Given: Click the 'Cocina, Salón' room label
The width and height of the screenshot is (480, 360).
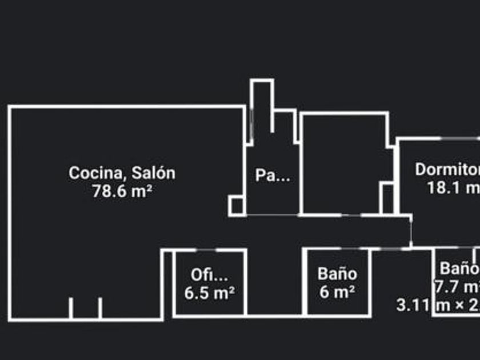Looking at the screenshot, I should [122, 173].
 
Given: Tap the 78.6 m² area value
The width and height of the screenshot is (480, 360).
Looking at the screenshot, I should [122, 191].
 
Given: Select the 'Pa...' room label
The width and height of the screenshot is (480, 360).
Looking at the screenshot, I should [272, 175].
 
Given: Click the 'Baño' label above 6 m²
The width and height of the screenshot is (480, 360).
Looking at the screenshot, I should [337, 274].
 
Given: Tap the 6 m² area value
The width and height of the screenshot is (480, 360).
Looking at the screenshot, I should [337, 292].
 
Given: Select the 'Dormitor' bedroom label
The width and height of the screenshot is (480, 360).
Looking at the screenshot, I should [447, 170].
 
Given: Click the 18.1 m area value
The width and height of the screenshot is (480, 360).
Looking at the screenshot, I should [453, 188].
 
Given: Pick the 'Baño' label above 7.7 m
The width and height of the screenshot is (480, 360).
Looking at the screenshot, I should [459, 268].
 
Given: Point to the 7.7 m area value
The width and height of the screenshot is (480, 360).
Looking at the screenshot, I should [457, 286].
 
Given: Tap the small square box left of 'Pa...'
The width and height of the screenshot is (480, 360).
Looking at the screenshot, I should [236, 205].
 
